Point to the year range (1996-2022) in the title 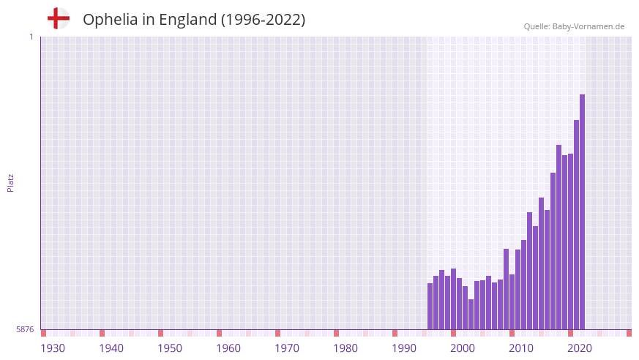tap(263, 20)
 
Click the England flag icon tap(58, 18)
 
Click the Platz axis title tap(10, 183)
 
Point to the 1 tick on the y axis tap(31, 37)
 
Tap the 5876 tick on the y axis tap(25, 330)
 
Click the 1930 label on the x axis tap(53, 348)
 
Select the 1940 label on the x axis tap(111, 348)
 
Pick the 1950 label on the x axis tap(170, 348)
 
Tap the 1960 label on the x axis tap(228, 348)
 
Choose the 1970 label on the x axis tap(287, 348)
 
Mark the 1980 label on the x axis tap(345, 348)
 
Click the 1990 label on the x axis tap(404, 348)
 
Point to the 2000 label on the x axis tap(463, 348)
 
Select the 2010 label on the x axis tap(521, 348)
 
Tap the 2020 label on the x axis tap(580, 348)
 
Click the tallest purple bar tap(582, 212)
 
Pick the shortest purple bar tap(471, 315)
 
